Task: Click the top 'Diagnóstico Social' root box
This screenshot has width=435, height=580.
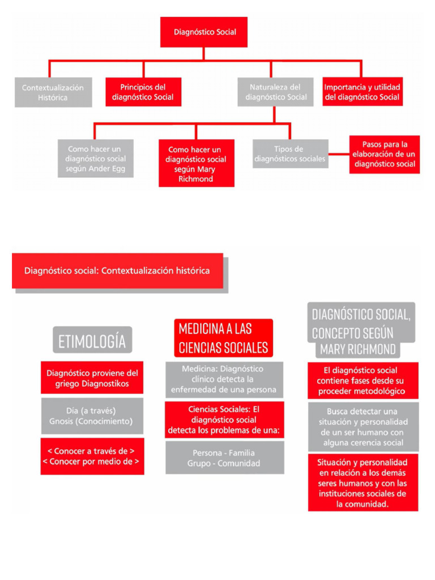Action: (204, 32)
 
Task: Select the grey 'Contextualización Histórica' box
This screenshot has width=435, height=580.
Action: (53, 92)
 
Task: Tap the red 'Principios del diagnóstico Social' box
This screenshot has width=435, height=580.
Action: (143, 92)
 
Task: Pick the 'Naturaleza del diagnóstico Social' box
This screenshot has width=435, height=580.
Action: (275, 92)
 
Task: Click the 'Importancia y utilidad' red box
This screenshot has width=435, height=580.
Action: (362, 92)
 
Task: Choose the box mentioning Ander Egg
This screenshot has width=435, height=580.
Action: (96, 159)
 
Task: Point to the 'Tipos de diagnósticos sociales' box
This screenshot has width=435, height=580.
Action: (290, 154)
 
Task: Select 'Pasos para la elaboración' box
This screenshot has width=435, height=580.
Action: (385, 154)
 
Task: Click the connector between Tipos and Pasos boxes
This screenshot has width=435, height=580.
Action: (339, 154)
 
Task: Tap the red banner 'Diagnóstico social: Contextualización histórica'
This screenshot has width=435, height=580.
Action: (117, 271)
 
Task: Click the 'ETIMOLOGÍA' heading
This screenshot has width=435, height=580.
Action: (92, 341)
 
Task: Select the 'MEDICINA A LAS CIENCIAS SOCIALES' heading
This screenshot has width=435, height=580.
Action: (223, 338)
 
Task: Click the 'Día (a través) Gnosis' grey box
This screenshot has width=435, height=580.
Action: (92, 416)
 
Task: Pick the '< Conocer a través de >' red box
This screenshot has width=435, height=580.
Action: (92, 457)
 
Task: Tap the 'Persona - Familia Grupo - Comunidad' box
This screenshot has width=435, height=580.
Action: (224, 458)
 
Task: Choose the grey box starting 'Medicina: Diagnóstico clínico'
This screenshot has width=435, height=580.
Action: (224, 379)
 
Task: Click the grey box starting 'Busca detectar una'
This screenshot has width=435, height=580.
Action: (363, 427)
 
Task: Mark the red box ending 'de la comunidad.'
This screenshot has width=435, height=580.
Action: (363, 482)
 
